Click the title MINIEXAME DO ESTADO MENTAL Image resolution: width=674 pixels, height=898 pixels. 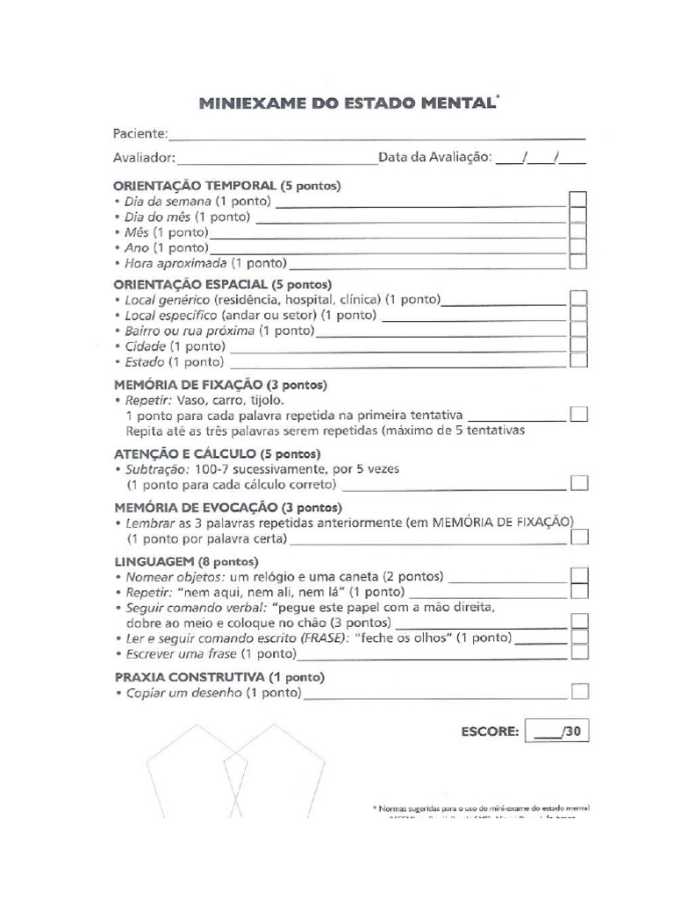pyautogui.click(x=348, y=104)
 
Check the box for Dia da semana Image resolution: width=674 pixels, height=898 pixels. pyautogui.click(x=578, y=200)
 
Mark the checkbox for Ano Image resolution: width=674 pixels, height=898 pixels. pyautogui.click(x=578, y=247)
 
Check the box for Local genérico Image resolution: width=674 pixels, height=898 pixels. pyautogui.click(x=578, y=299)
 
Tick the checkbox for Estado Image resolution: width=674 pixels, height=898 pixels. pyautogui.click(x=578, y=360)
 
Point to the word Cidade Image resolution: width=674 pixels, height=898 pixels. pyautogui.click(x=145, y=346)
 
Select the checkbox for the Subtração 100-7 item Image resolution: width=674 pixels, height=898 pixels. pyautogui.click(x=578, y=483)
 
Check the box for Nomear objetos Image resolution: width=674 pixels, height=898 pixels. pyautogui.click(x=578, y=575)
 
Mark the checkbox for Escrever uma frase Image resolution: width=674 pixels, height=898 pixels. pyautogui.click(x=578, y=652)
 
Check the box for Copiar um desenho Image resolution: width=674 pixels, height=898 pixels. pyautogui.click(x=578, y=693)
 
